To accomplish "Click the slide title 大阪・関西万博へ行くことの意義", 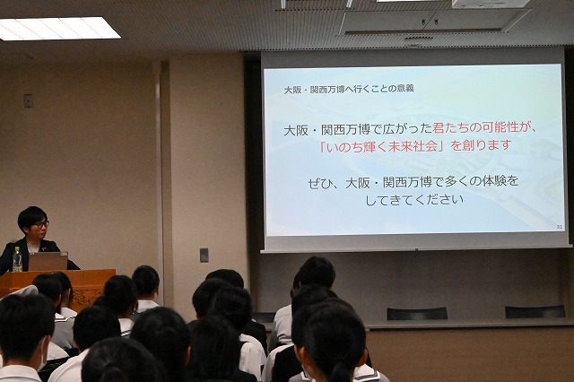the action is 349,89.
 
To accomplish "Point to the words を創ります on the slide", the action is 480,145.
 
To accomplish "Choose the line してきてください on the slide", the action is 413,200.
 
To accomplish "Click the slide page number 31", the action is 560,227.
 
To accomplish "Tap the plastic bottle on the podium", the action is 17,259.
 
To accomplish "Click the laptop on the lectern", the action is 48,261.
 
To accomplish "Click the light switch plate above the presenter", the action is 28,100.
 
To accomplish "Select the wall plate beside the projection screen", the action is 204,256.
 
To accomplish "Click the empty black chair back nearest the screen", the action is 417,314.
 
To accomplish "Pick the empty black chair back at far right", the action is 535,312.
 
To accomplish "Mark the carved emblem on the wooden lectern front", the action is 87,295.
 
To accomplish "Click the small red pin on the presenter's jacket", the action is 44,248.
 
